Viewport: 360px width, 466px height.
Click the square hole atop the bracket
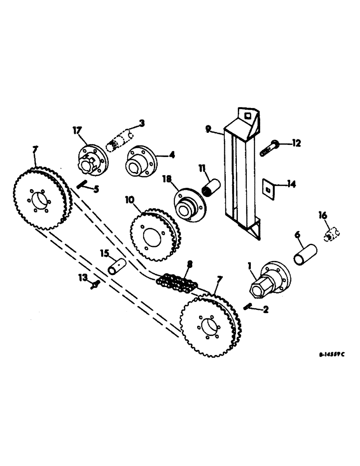(x=247, y=114)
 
